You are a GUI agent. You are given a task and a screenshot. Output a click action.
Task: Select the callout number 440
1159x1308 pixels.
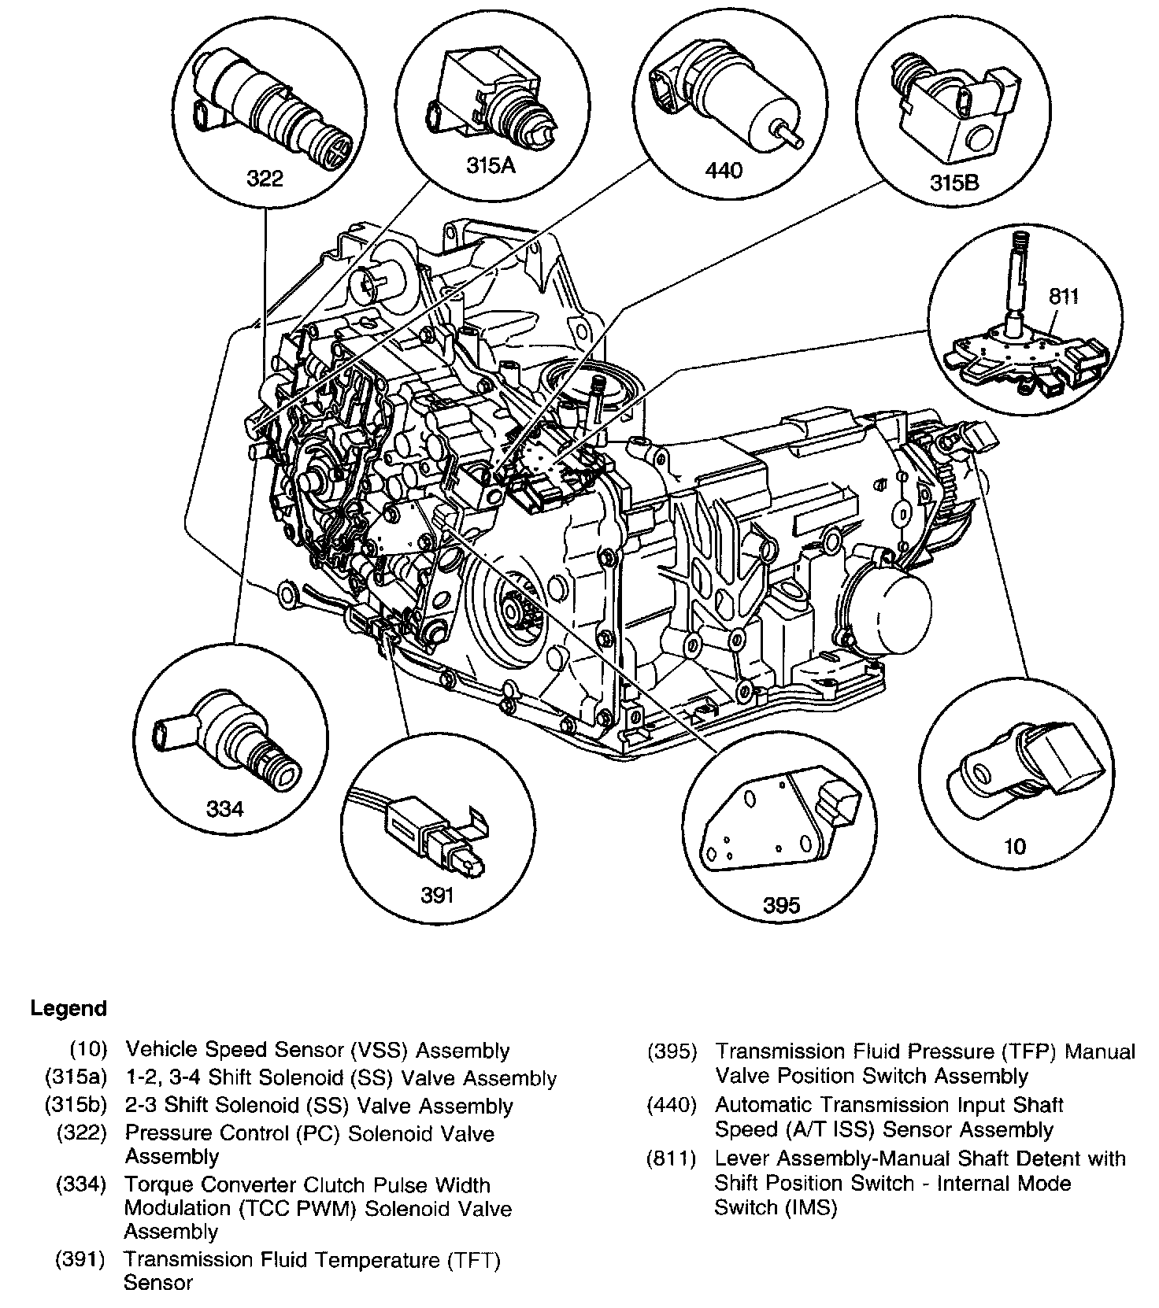tap(724, 169)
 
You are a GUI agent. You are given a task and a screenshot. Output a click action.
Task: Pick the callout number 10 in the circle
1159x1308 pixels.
tap(1015, 846)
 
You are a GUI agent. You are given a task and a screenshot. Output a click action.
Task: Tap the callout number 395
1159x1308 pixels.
tap(781, 905)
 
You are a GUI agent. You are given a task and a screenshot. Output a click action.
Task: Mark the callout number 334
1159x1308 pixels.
tap(224, 808)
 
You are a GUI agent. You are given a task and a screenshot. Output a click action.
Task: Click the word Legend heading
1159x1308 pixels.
tap(69, 1008)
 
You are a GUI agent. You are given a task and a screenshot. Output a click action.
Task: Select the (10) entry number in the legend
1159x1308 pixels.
tap(88, 1051)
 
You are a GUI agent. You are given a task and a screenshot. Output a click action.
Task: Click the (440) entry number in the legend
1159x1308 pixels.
tap(671, 1105)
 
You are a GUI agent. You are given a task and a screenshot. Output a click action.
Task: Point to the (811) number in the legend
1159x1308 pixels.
tap(671, 1158)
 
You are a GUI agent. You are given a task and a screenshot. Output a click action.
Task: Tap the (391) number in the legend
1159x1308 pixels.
tap(80, 1260)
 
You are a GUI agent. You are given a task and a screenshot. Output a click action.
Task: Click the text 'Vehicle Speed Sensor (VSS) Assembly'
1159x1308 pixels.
tap(317, 1051)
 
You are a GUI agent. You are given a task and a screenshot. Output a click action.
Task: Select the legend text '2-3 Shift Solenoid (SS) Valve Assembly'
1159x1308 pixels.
tap(318, 1105)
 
